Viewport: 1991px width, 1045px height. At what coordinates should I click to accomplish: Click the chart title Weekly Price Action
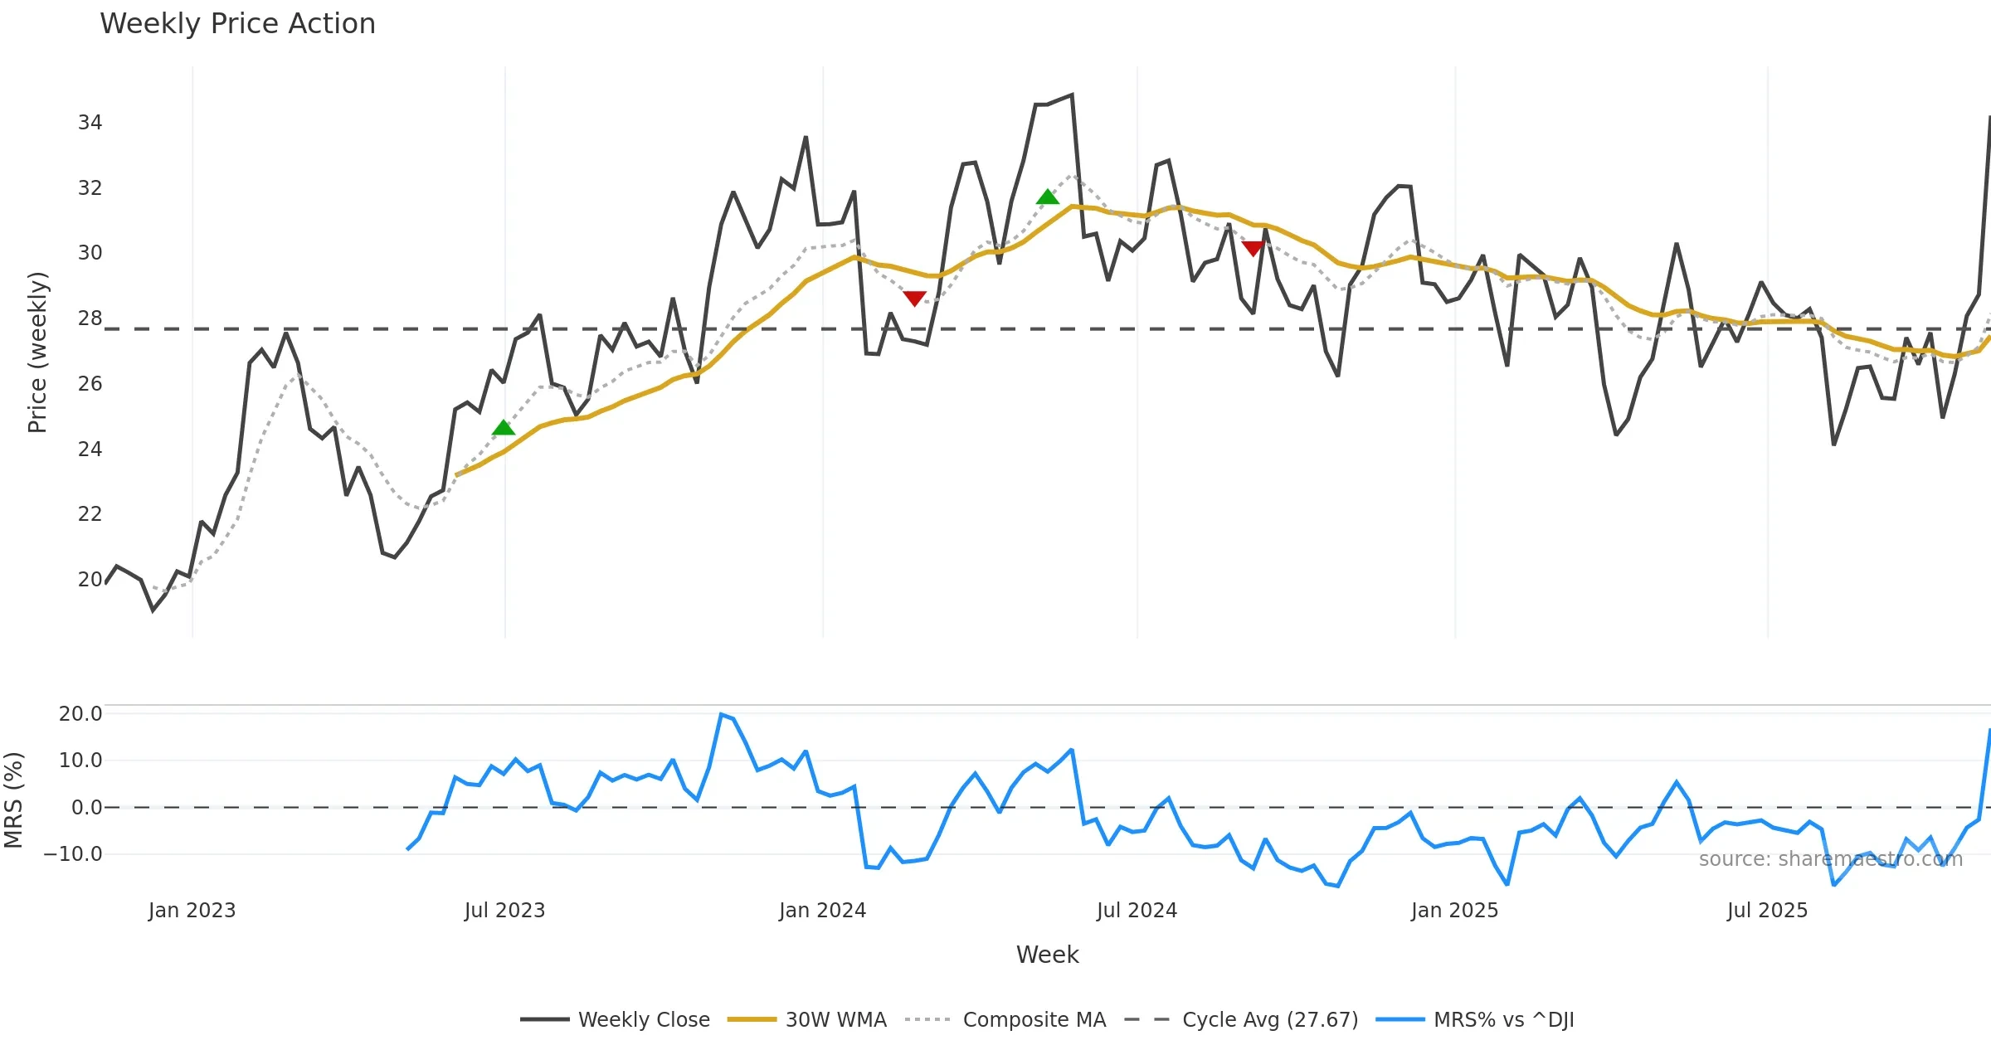click(237, 24)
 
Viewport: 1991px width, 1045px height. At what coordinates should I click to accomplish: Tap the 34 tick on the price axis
click(90, 123)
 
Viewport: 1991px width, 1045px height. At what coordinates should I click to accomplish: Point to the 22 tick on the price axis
click(90, 514)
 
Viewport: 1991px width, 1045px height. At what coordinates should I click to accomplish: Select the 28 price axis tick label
click(90, 318)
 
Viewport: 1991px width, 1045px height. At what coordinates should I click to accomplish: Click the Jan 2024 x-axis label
click(822, 911)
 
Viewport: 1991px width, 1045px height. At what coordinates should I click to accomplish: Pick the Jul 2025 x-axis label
click(1767, 911)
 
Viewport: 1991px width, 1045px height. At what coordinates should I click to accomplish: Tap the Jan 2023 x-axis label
click(192, 911)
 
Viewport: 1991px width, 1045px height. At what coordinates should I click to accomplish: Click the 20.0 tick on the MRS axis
click(80, 714)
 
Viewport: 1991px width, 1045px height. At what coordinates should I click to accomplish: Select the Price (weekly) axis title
click(37, 352)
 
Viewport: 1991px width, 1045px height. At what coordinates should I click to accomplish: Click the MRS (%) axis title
click(13, 800)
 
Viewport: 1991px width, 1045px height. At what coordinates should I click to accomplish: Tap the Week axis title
click(1047, 955)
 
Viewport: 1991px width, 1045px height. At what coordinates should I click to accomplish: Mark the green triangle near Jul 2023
click(504, 428)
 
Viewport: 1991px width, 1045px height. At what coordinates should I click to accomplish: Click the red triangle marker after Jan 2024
click(914, 298)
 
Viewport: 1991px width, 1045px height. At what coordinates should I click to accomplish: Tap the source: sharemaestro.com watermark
click(1830, 859)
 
